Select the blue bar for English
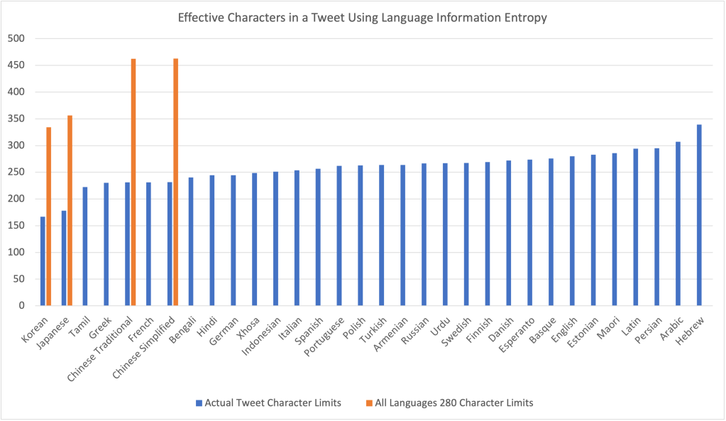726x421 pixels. pos(572,231)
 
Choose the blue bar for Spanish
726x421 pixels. pos(318,237)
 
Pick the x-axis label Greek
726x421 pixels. pos(101,327)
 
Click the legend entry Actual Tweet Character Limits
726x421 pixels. pos(273,403)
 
